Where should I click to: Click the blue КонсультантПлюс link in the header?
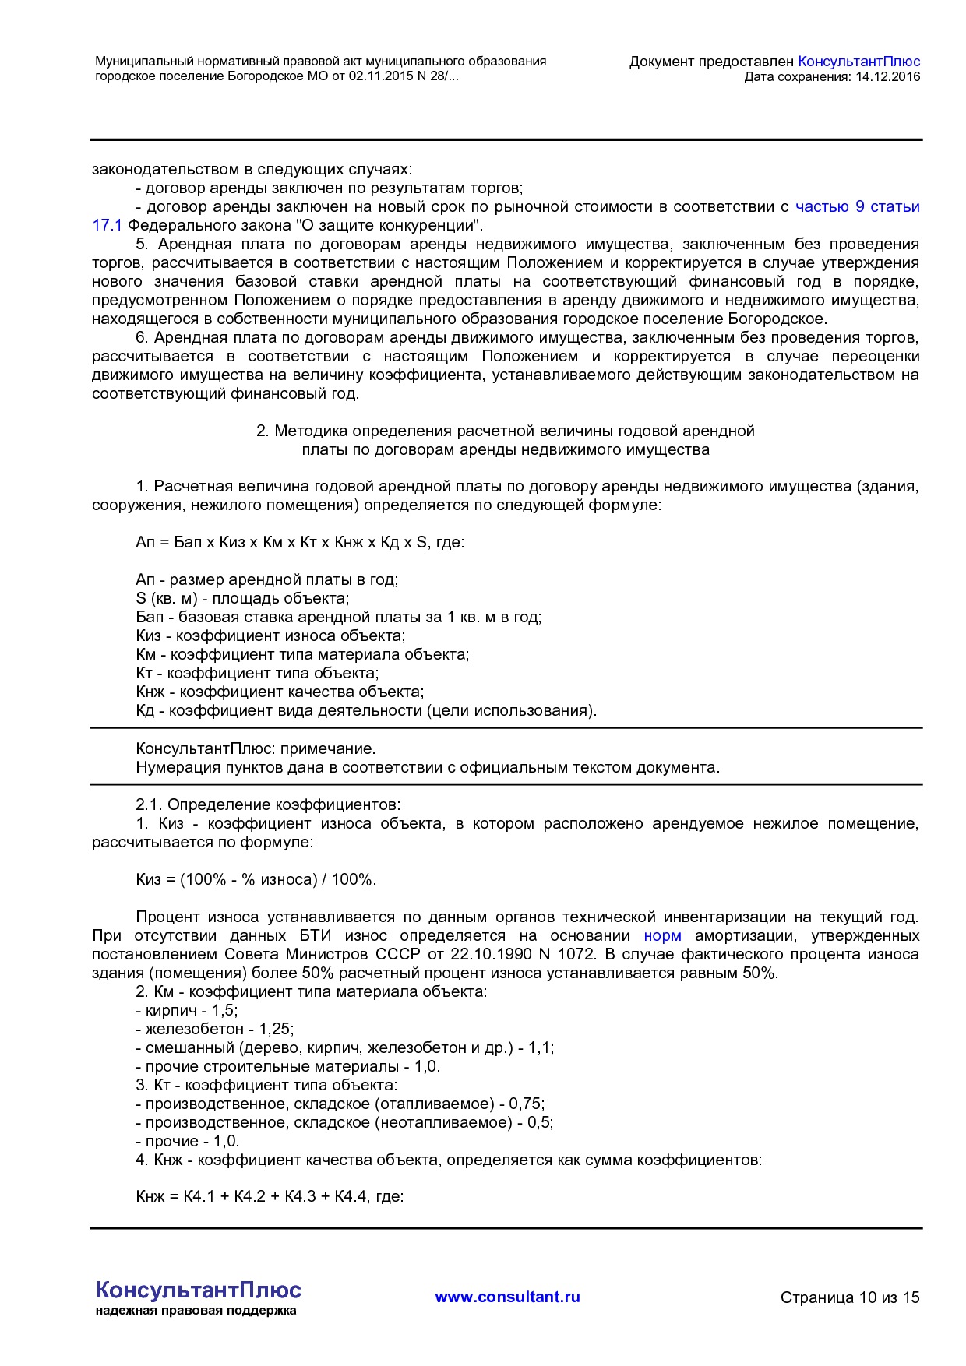pyautogui.click(x=858, y=62)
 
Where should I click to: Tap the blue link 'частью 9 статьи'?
pyautogui.click(x=857, y=206)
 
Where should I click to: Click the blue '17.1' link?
pyautogui.click(x=107, y=225)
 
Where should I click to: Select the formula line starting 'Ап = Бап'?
pyautogui.click(x=299, y=542)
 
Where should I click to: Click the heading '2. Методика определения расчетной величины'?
pyautogui.click(x=505, y=431)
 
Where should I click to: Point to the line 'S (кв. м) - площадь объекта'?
pyautogui.click(x=242, y=598)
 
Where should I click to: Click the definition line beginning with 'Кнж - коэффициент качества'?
pyautogui.click(x=280, y=692)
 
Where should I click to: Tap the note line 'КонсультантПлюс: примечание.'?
pyautogui.click(x=256, y=748)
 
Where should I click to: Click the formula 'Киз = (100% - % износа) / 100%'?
pyautogui.click(x=256, y=879)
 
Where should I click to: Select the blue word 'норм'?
pyautogui.click(x=662, y=935)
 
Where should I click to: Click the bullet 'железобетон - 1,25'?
pyautogui.click(x=215, y=1029)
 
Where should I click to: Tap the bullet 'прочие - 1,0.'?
pyautogui.click(x=188, y=1141)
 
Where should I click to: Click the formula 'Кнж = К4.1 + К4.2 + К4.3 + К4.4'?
pyautogui.click(x=269, y=1196)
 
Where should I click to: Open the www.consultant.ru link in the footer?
pyautogui.click(x=507, y=1297)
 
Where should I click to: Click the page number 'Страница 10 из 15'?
pyautogui.click(x=849, y=1297)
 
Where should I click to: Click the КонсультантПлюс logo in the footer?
pyautogui.click(x=198, y=1290)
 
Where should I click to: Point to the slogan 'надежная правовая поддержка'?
pyautogui.click(x=196, y=1311)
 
